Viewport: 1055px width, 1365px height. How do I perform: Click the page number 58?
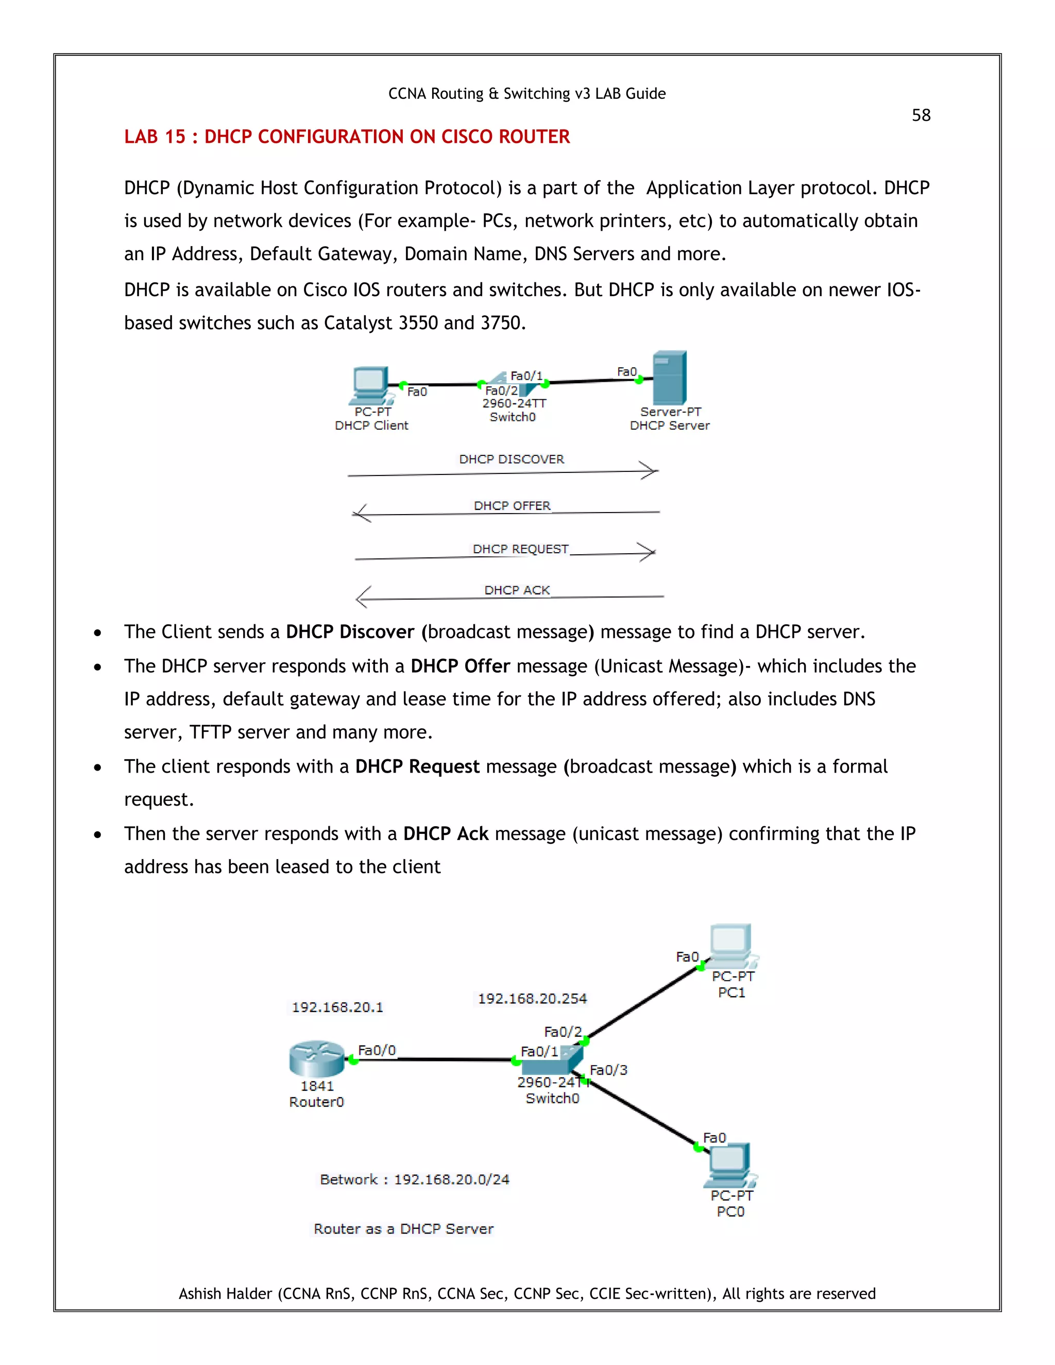coord(921,115)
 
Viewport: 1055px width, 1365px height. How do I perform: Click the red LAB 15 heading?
coord(347,136)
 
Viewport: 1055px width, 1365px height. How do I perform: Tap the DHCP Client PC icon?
coord(370,385)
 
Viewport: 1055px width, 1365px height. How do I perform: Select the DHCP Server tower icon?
coord(669,378)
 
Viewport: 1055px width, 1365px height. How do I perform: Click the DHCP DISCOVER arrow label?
coord(511,459)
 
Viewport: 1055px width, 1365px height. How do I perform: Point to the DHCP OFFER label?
coord(512,506)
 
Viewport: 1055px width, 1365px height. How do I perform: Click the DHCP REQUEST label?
coord(520,549)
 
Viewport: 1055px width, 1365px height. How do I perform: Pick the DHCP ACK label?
coord(517,590)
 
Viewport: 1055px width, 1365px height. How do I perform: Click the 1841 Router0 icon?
coord(317,1059)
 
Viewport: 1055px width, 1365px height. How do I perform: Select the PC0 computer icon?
coord(729,1165)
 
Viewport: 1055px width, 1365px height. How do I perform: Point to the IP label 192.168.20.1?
coord(337,1008)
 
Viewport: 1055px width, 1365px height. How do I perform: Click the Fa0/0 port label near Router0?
coord(377,1050)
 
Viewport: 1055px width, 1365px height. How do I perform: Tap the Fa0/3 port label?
coord(608,1070)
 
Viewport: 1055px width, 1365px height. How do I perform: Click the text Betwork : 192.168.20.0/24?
coord(414,1180)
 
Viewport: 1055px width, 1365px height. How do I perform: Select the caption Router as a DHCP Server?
coord(404,1228)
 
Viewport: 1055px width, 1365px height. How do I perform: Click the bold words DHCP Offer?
coord(460,666)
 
